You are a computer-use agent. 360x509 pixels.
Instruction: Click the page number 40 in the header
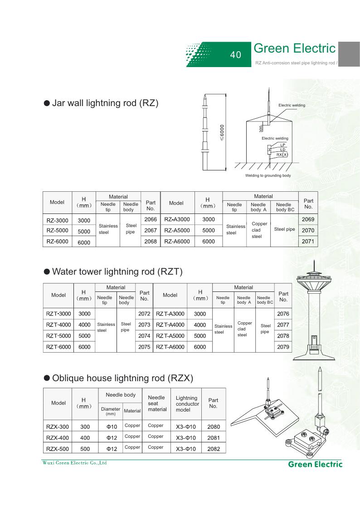click(235, 55)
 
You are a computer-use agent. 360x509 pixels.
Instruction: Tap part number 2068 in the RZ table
click(151, 242)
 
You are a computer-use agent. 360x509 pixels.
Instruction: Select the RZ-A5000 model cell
click(177, 230)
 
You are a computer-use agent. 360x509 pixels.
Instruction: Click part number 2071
click(308, 242)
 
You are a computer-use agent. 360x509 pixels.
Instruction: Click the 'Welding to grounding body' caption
click(268, 175)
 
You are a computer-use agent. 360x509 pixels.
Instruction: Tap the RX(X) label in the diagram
click(282, 155)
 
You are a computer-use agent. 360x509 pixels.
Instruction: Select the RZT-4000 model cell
click(58, 325)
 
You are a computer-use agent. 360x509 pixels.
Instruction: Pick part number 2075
click(144, 347)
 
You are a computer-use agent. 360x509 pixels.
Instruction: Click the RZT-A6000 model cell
click(170, 347)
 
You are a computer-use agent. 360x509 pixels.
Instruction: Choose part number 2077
click(283, 325)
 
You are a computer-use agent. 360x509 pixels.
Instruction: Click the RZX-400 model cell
click(58, 437)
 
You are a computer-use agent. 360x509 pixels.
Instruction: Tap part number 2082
click(213, 449)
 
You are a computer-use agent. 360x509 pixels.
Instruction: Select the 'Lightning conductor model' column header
click(187, 403)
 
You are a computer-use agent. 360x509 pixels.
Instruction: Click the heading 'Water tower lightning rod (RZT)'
click(117, 271)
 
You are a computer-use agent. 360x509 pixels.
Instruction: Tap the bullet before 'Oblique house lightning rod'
click(47, 378)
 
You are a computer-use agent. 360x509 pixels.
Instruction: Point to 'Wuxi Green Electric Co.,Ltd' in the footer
click(72, 463)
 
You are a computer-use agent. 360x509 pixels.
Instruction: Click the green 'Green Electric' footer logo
click(315, 464)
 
